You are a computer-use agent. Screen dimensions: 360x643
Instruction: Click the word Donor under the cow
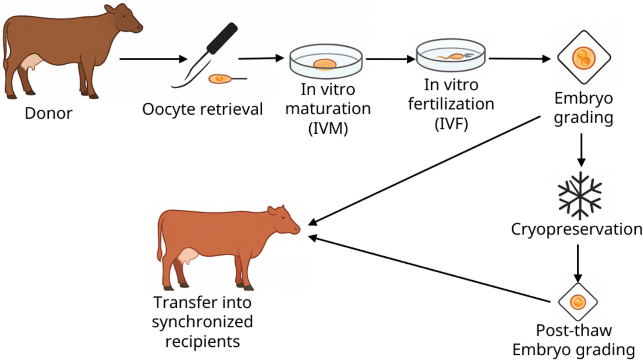48,113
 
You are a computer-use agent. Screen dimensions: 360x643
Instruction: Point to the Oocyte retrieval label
202,110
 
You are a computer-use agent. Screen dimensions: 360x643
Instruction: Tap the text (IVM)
328,128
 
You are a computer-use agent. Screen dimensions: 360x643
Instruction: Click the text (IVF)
451,124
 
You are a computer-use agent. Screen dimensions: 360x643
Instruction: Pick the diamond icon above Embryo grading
584,57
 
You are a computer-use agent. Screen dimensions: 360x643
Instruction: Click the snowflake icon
580,196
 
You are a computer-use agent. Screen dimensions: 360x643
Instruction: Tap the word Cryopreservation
576,229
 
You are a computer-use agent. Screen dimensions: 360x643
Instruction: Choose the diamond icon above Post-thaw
578,302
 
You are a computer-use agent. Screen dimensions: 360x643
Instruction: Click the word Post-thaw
574,330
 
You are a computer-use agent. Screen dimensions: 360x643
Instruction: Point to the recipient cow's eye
283,218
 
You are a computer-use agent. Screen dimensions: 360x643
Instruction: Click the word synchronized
202,322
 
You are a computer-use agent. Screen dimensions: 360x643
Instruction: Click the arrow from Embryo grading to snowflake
581,150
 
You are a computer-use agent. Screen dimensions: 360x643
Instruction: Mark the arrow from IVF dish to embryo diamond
519,59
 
